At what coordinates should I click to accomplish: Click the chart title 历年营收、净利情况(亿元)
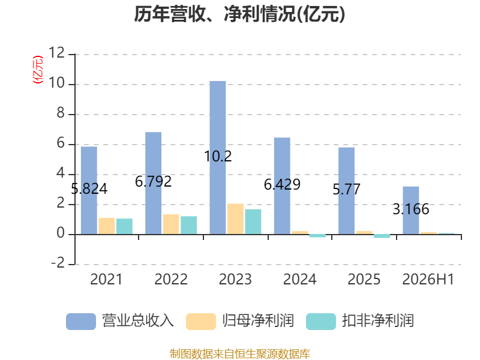pyautogui.click(x=239, y=14)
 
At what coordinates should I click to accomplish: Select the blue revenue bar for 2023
pyautogui.click(x=218, y=158)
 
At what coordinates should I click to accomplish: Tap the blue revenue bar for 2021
pyautogui.click(x=89, y=190)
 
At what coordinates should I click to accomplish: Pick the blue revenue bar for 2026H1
pyautogui.click(x=411, y=211)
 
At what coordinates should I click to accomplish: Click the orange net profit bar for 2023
pyautogui.click(x=235, y=219)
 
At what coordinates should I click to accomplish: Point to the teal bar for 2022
pyautogui.click(x=188, y=226)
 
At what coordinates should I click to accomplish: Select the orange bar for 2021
pyautogui.click(x=107, y=226)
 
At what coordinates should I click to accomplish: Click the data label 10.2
pyautogui.click(x=218, y=157)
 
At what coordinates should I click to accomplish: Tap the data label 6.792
pyautogui.click(x=154, y=182)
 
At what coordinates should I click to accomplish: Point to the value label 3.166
pyautogui.click(x=411, y=209)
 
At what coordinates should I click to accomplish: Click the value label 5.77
pyautogui.click(x=347, y=190)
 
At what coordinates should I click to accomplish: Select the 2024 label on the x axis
pyautogui.click(x=299, y=279)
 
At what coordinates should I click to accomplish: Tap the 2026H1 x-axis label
pyautogui.click(x=428, y=279)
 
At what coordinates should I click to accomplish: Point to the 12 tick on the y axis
pyautogui.click(x=56, y=53)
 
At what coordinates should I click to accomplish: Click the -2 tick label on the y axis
pyautogui.click(x=58, y=263)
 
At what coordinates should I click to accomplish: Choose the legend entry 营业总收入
pyautogui.click(x=120, y=321)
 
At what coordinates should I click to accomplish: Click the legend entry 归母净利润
pyautogui.click(x=240, y=321)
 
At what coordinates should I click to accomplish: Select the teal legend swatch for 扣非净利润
pyautogui.click(x=321, y=322)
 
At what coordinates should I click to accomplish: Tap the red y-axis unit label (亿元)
pyautogui.click(x=38, y=70)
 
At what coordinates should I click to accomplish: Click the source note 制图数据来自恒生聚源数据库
pyautogui.click(x=240, y=354)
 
